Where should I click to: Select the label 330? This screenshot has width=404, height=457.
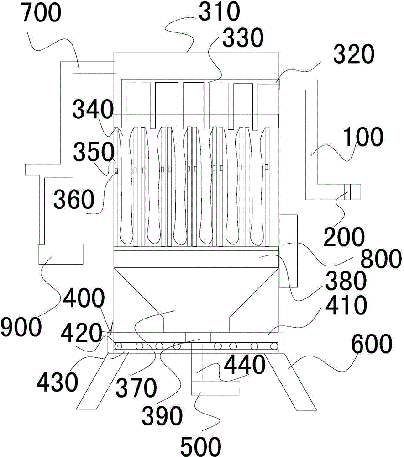243,38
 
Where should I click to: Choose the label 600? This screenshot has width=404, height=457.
372,344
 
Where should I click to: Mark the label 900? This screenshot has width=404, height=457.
21,326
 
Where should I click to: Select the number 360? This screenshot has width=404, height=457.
74,199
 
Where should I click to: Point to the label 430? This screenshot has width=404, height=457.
58,382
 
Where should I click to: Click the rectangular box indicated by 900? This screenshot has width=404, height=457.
61,254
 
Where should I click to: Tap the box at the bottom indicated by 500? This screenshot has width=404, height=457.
215,388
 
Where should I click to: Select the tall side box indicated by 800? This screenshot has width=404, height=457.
288,251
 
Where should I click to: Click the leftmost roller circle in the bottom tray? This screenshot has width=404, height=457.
119,346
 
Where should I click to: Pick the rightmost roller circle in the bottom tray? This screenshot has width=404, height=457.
273,346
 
